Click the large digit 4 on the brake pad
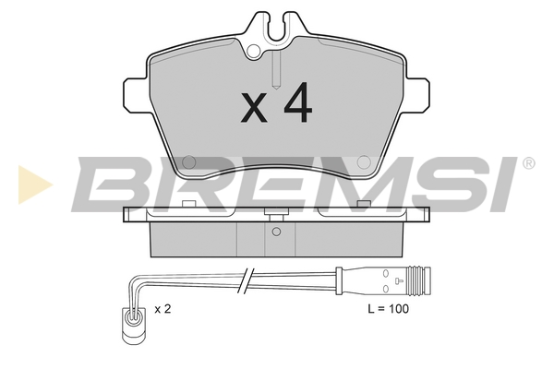pyautogui.click(x=298, y=102)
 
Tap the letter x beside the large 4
pyautogui.click(x=254, y=108)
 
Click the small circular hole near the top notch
pyautogui.click(x=253, y=52)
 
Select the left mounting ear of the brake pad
pyautogui.click(x=136, y=95)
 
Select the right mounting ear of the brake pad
pyautogui.click(x=417, y=95)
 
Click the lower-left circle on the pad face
pyautogui.click(x=188, y=162)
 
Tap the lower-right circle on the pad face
pyautogui.click(x=364, y=162)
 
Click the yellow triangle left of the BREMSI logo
pyautogui.click(x=35, y=184)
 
